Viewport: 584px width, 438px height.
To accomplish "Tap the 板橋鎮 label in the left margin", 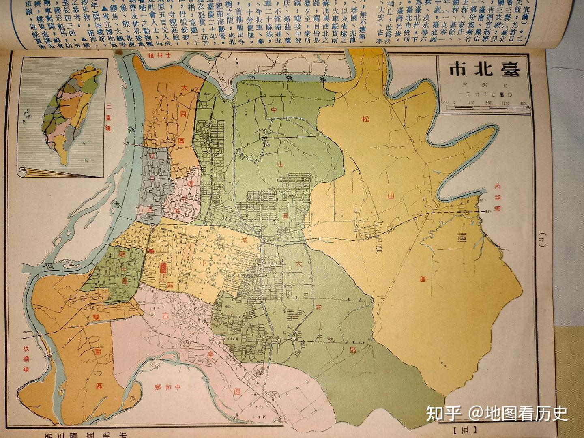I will [15, 358].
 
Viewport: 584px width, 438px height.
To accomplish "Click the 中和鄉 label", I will [167, 386].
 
